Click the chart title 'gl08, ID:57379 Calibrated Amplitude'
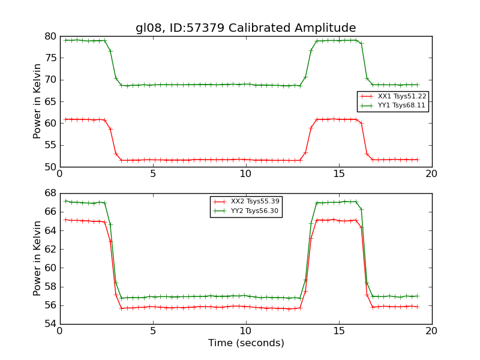point(245,28)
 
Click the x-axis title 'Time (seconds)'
point(246,343)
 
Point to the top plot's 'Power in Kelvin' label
point(37,101)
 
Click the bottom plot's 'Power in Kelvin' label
point(37,258)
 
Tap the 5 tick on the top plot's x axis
point(152,174)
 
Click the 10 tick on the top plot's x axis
point(245,174)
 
